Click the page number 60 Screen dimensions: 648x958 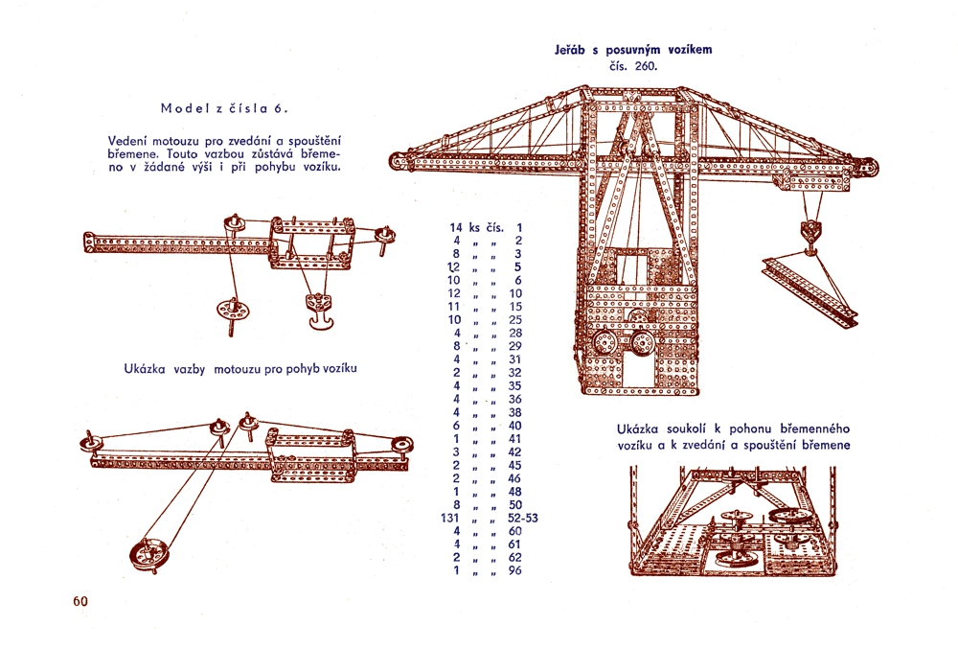click(x=80, y=602)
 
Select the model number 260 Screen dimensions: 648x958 click(x=646, y=66)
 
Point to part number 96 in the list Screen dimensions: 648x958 click(x=515, y=570)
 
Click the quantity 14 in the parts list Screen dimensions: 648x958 click(x=456, y=228)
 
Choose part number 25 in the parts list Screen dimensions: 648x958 click(x=515, y=320)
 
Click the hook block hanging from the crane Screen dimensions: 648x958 click(x=811, y=233)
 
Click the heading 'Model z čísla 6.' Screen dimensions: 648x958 click(x=211, y=107)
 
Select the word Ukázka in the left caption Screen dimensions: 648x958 click(x=146, y=368)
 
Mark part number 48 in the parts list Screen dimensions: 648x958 click(x=515, y=491)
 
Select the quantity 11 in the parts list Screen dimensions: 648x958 click(x=456, y=307)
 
